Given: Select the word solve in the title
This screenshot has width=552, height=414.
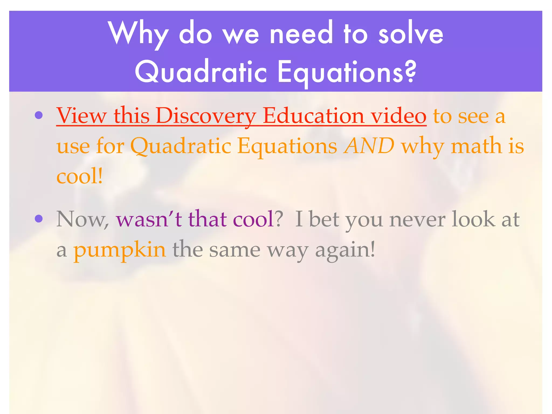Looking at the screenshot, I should pos(411,34).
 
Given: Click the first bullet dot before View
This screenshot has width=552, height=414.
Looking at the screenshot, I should pos(39,115).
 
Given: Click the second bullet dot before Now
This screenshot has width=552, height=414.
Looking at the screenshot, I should pos(39,219).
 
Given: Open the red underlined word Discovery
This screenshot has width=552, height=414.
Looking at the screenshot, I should pos(206,116).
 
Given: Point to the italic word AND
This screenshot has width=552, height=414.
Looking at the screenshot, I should pos(369,146).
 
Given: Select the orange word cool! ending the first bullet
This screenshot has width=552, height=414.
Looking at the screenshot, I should pos(80,176).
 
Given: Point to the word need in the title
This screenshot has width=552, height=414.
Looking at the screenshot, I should pos(301,34).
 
